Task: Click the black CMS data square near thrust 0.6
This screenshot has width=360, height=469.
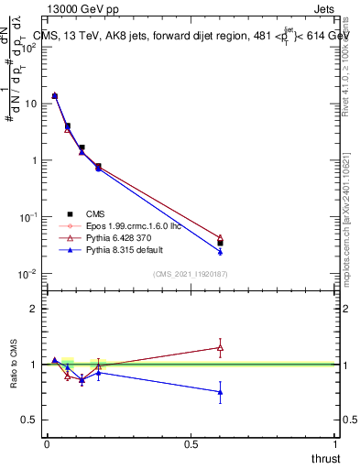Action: point(220,243)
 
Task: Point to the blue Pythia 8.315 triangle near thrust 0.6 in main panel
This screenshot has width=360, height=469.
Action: point(220,251)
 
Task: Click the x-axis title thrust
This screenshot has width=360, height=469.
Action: point(324,457)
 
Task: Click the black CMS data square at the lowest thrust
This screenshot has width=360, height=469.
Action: point(55,95)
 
